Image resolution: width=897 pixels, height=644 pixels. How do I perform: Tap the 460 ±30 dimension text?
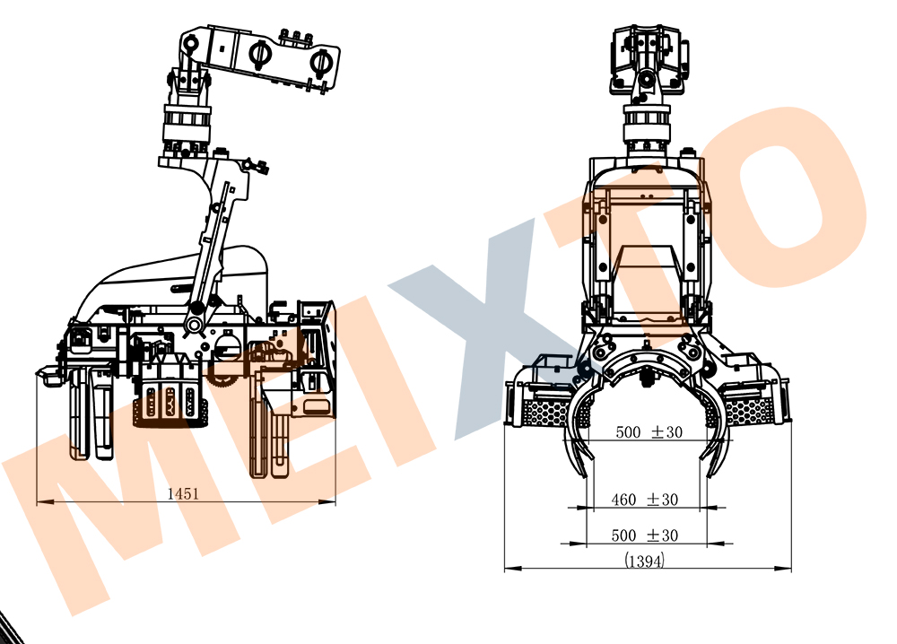[x=644, y=499]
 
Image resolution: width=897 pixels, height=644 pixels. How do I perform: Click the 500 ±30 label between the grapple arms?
[x=649, y=432]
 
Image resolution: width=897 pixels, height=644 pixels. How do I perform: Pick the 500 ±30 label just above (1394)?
[x=644, y=535]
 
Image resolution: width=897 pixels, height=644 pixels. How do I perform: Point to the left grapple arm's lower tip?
[x=588, y=470]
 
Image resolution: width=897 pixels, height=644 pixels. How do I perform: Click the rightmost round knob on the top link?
[x=320, y=62]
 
